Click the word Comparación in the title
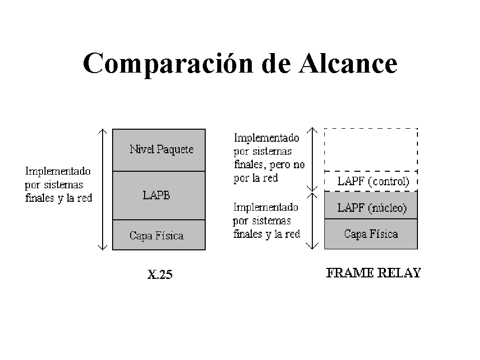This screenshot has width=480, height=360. coord(168,64)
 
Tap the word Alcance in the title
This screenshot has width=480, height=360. coord(348,63)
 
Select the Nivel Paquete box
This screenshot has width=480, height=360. coord(159,150)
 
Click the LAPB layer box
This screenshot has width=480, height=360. coord(159,195)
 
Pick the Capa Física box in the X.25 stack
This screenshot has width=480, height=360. coord(159,235)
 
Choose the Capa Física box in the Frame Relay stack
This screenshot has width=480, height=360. coord(371,233)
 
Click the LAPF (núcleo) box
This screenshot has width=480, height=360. coord(371,205)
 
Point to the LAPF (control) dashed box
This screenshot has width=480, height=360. coord(371,181)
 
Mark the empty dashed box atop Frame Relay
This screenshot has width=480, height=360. coord(371,150)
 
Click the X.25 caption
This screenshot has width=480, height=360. coord(160,274)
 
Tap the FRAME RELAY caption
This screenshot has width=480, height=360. coord(373,273)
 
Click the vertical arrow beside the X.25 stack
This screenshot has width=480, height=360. coord(103,189)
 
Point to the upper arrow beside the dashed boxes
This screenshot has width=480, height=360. coord(312,159)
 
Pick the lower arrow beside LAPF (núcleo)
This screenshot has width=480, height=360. coord(312,221)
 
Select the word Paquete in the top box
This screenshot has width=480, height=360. coord(175,149)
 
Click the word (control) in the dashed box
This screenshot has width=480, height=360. coord(388,182)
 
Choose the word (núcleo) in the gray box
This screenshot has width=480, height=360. coord(387,208)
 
